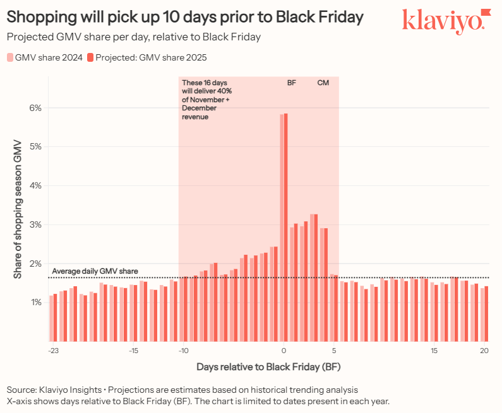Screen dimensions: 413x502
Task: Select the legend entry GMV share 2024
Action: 45,57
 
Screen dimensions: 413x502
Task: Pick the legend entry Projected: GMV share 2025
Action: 147,57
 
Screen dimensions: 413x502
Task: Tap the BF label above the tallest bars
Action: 291,83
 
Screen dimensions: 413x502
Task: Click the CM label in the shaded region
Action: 323,83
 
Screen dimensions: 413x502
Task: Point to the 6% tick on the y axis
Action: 36,108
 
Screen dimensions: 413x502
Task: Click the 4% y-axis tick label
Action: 36,185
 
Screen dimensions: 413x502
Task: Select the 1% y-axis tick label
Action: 36,303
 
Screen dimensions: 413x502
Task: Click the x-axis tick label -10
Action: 183,351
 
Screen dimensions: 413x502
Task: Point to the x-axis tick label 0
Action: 284,351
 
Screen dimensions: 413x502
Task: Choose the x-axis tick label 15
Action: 434,351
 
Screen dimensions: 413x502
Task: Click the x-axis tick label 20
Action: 484,351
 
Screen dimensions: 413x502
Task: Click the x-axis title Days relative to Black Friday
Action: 268,366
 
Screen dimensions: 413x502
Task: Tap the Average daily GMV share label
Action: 95,271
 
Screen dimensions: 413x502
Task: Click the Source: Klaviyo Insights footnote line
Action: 182,389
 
